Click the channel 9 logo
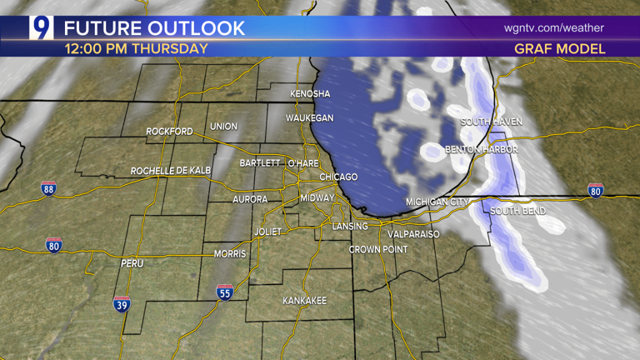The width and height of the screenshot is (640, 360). (x=42, y=27)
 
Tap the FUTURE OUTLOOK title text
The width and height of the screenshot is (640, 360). (x=155, y=27)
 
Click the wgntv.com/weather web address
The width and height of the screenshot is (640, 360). (x=553, y=27)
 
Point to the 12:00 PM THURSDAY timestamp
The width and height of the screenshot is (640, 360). (x=137, y=48)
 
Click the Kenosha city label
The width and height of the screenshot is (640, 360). (x=310, y=93)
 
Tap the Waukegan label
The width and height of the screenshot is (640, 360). (x=309, y=118)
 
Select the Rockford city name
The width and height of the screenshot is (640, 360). (x=169, y=132)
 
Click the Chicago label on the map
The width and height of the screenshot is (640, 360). (x=338, y=177)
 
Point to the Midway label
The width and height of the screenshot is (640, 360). (x=317, y=197)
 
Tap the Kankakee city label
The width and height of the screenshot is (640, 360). (x=304, y=300)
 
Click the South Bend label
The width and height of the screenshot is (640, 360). (x=517, y=211)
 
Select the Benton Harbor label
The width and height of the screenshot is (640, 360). (x=482, y=149)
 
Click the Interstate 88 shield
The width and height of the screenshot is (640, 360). (x=49, y=188)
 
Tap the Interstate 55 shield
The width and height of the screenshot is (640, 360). (x=224, y=292)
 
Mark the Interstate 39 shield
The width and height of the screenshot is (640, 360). (x=122, y=304)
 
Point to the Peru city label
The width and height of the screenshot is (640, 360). (x=132, y=263)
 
